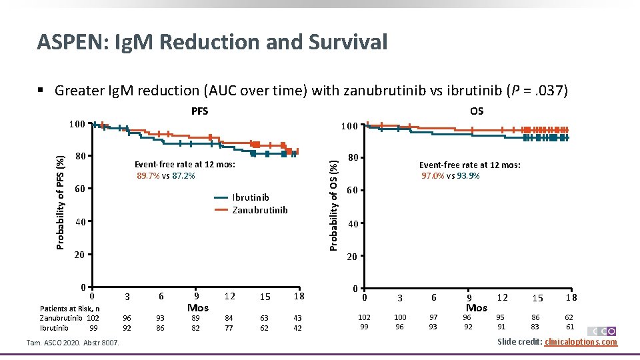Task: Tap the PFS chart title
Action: coord(199,111)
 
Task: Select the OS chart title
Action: coord(476,111)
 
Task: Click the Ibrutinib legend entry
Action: coord(250,197)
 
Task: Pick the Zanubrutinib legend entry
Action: coord(259,210)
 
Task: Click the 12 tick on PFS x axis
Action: coord(229,295)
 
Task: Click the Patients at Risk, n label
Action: coord(70,309)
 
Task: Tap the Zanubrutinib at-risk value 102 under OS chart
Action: coord(364,318)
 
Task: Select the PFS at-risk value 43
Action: coord(297,319)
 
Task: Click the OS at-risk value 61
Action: coord(570,327)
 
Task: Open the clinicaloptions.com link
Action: coord(581,342)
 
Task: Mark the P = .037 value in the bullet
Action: coord(533,90)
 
